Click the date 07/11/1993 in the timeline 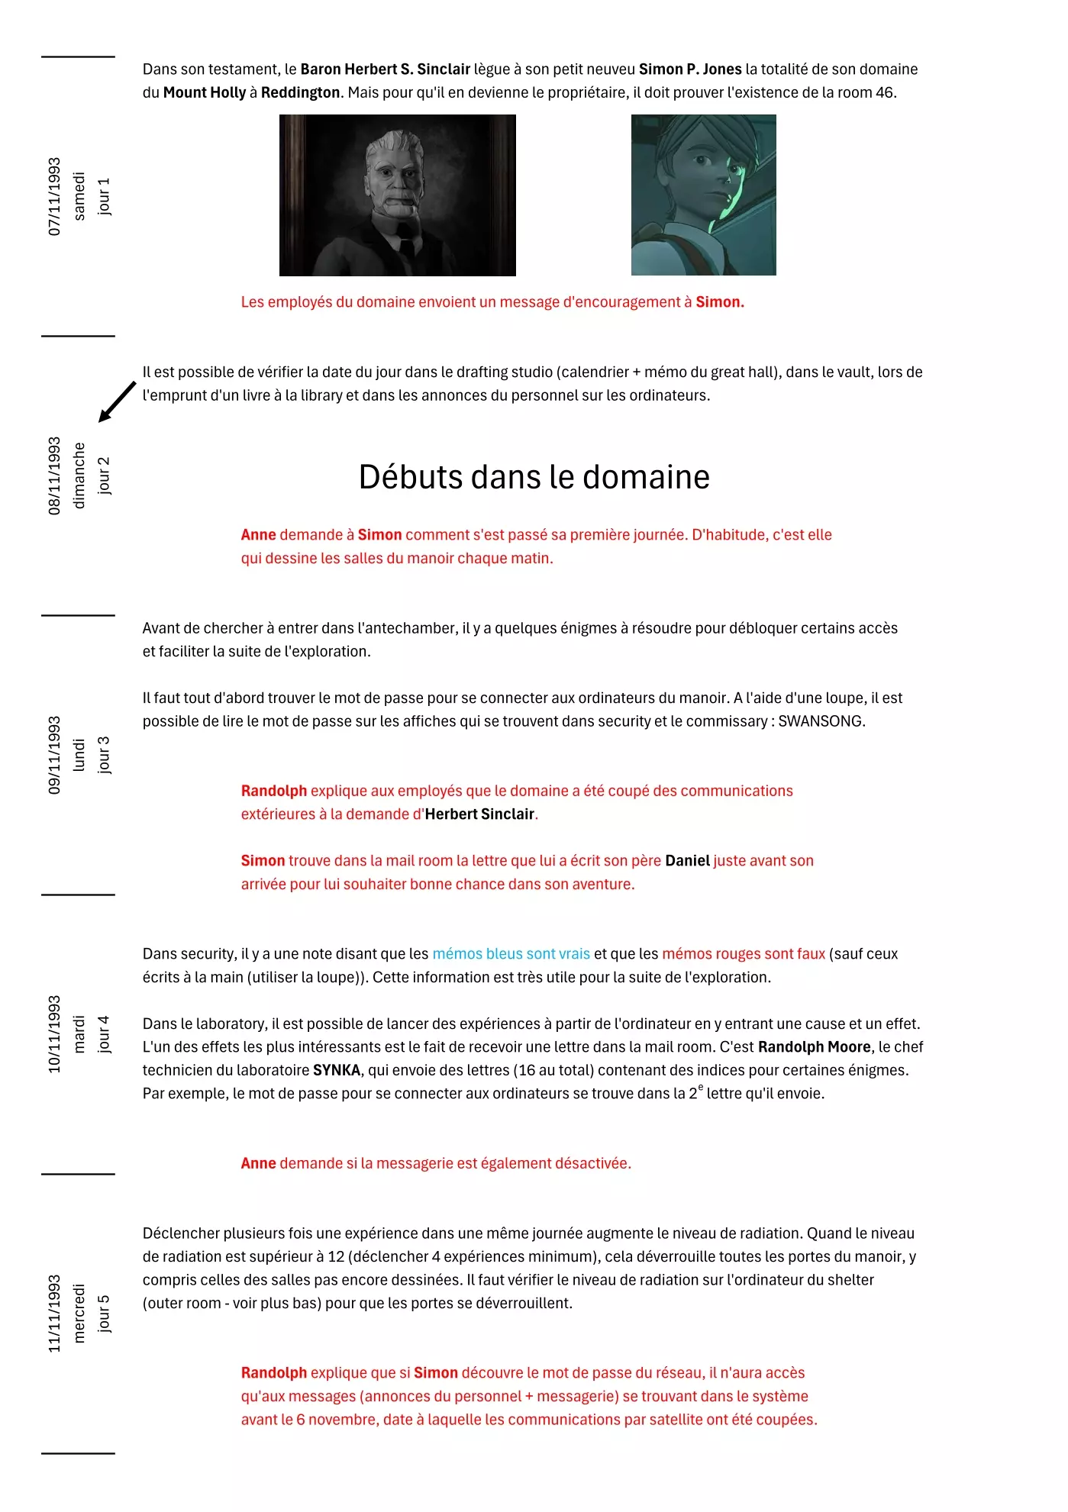click(x=54, y=196)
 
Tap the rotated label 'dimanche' click(x=79, y=476)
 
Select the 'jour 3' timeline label click(x=104, y=755)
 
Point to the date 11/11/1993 click(x=54, y=1314)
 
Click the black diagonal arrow click(x=117, y=402)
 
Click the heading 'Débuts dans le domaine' click(x=534, y=477)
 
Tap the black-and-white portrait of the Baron click(x=397, y=195)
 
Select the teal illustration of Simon click(x=703, y=195)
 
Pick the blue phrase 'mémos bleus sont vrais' click(x=511, y=954)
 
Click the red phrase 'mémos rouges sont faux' click(x=743, y=954)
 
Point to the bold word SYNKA click(x=336, y=1070)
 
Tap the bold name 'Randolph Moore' click(x=814, y=1047)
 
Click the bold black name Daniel click(x=687, y=861)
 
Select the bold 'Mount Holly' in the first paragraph click(x=204, y=92)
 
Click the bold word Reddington click(x=300, y=92)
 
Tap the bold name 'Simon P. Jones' click(x=690, y=69)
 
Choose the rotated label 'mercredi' click(x=79, y=1314)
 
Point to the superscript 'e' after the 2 click(x=701, y=1088)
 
